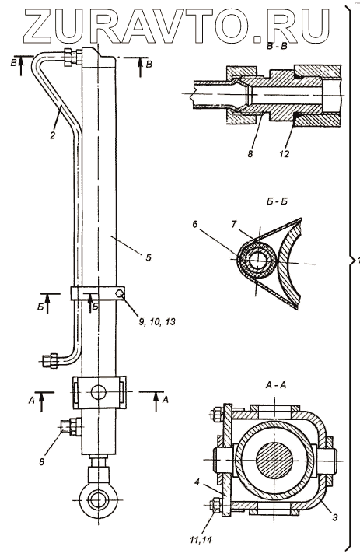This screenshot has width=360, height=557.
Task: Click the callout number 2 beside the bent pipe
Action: point(53,135)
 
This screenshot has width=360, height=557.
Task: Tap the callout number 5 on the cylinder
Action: point(148,257)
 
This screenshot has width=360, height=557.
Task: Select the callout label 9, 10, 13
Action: point(157,322)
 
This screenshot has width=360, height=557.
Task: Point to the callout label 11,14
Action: point(200,541)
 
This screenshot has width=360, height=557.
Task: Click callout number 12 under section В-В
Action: point(285,153)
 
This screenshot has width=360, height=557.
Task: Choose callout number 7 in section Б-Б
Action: point(233,225)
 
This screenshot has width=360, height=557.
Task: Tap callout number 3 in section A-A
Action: point(335,517)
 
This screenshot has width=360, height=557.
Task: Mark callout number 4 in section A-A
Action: point(197,482)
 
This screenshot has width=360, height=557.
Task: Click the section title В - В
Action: point(277,47)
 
